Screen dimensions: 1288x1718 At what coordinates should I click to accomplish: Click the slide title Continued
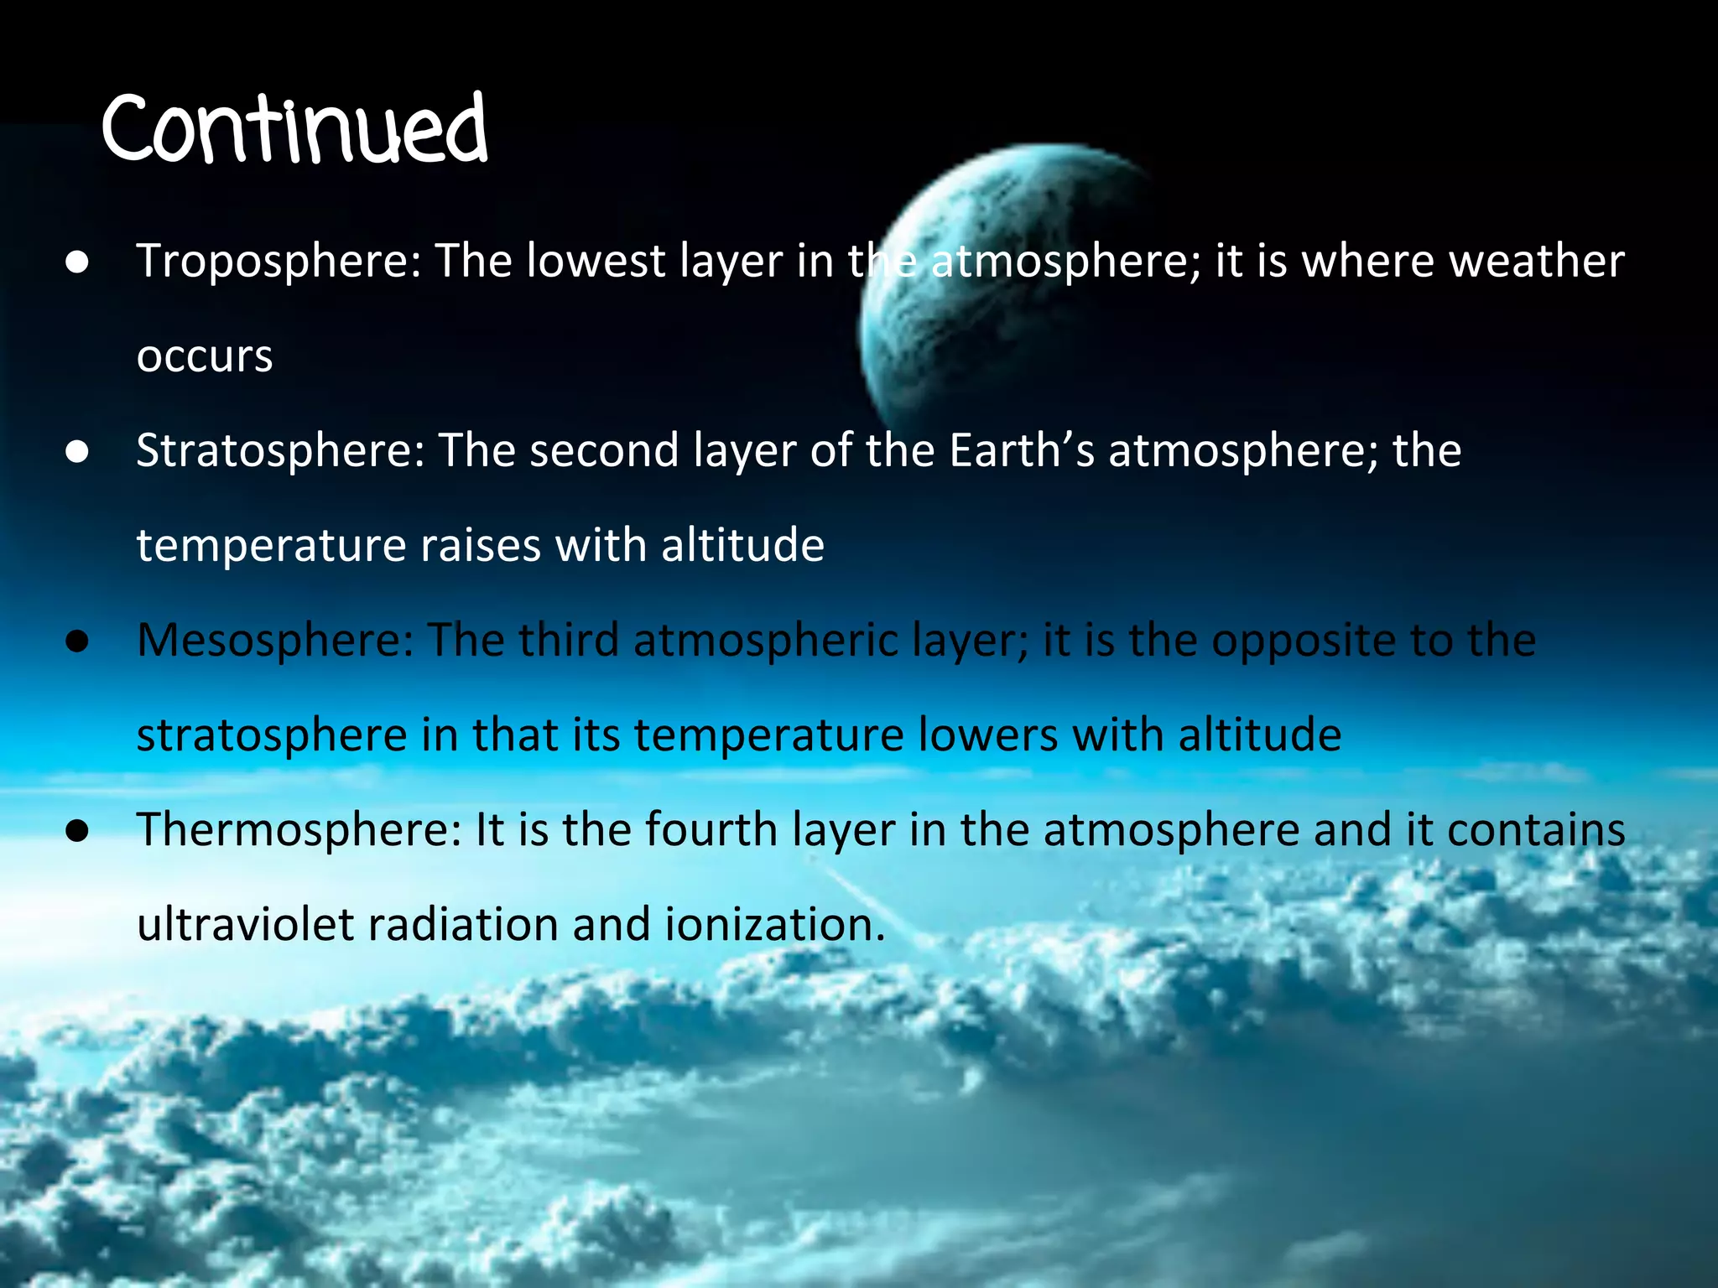tap(294, 130)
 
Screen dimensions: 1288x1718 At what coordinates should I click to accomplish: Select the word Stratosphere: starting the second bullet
tap(280, 451)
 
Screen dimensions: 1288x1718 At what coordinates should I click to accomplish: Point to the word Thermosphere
tap(299, 830)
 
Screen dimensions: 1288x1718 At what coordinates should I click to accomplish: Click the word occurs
tap(205, 357)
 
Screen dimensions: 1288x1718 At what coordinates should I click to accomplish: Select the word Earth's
tap(1022, 451)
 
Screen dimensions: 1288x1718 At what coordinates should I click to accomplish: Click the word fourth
tap(713, 830)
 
